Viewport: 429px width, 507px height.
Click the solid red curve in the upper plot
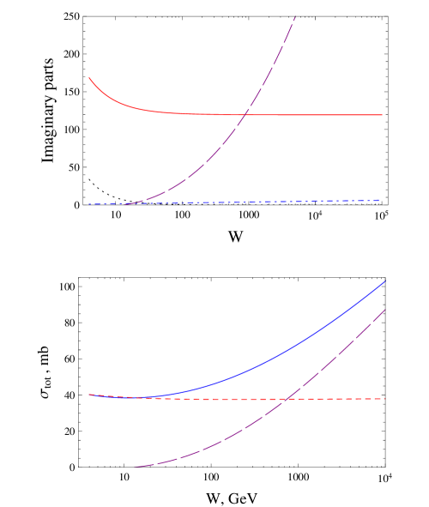(309, 115)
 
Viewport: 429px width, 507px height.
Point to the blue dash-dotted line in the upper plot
(257, 202)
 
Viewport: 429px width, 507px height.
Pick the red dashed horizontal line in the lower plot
(343, 399)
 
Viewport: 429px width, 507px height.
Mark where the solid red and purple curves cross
(247, 114)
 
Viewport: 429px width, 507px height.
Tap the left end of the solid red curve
(89, 78)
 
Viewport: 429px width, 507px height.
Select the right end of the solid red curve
(382, 115)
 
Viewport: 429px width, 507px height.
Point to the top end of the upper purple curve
(296, 15)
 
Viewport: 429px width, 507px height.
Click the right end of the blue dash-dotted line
(379, 201)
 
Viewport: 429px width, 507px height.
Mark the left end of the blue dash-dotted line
(88, 204)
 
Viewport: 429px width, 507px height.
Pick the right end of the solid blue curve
(385, 281)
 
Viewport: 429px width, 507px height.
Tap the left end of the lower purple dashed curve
(135, 467)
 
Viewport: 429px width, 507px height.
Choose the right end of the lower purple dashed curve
(385, 309)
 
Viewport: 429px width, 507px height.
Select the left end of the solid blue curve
(88, 395)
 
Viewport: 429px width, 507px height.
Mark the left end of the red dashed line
(88, 395)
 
